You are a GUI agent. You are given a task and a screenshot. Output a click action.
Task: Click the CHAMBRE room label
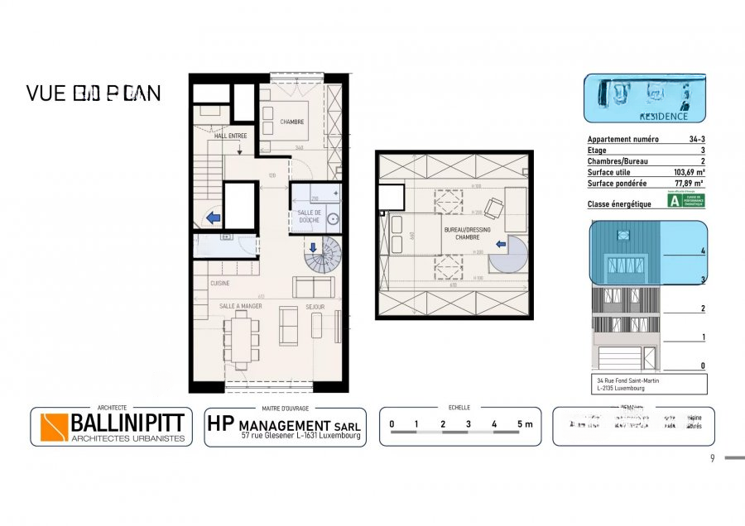coord(291,122)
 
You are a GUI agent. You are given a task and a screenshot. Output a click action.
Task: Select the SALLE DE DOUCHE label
coord(310,216)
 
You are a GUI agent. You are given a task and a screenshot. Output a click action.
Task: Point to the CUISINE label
coord(219,283)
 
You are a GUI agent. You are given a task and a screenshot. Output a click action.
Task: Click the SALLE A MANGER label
coord(240,306)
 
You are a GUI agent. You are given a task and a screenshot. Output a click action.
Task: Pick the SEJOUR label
coord(315,306)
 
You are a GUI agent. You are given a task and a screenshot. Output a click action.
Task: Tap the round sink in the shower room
coord(334,219)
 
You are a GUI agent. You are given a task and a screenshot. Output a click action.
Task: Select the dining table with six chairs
coord(242,340)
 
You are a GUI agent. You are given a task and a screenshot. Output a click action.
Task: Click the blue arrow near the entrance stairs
coord(213,218)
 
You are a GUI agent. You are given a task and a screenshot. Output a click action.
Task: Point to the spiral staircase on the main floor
coord(321,256)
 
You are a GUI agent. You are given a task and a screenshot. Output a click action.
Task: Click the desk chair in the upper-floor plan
coord(494,207)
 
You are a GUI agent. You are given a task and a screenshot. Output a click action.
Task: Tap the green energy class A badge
coord(675,201)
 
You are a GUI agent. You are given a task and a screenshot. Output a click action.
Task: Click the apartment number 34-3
coord(696,141)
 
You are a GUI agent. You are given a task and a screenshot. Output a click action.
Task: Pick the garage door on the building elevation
coord(618,358)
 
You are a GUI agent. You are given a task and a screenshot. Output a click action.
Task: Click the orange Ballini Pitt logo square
coord(55,427)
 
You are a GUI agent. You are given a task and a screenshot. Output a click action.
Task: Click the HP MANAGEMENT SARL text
coord(283,423)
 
